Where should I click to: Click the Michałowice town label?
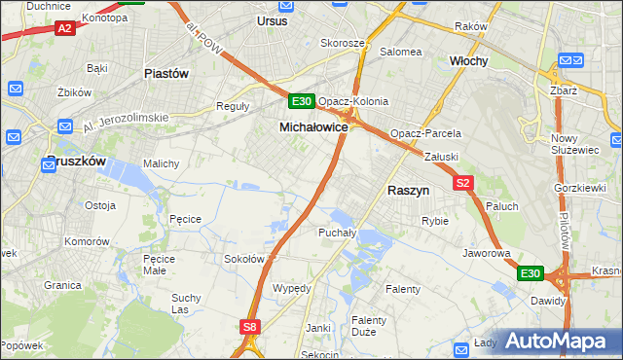pos(313,127)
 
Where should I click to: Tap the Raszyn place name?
pos(409,192)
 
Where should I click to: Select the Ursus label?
pos(273,19)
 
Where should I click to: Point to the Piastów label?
pos(165,73)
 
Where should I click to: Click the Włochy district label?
pos(468,60)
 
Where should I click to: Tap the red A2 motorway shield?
pos(65,29)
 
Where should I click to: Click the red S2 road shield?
pos(463,182)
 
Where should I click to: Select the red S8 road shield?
pos(250,328)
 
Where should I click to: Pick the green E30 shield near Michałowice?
pos(301,101)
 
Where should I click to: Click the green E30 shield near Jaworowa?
pos(530,273)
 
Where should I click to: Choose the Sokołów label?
pos(244,259)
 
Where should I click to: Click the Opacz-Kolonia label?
pos(353,101)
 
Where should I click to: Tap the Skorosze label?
pos(343,44)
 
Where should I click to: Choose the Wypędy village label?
pos(292,289)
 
